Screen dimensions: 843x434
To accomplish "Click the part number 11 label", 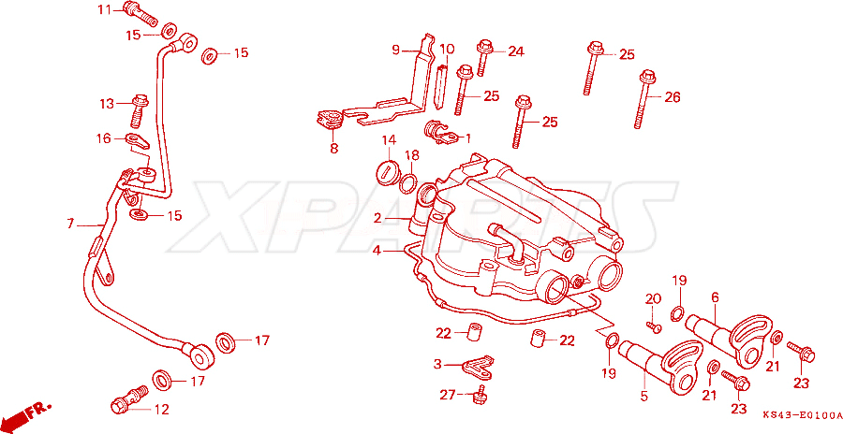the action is click(104, 9).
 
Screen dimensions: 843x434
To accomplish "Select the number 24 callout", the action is click(515, 51).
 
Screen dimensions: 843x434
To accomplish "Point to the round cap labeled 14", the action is click(387, 171).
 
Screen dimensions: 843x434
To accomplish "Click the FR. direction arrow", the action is click(26, 414).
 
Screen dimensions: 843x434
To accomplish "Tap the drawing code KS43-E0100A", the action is click(801, 415).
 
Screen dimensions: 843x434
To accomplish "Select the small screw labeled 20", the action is click(654, 325).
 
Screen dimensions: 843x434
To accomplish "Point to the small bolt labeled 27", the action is click(479, 395).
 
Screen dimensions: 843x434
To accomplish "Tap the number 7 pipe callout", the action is click(70, 224).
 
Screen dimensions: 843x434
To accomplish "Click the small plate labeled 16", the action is click(137, 142).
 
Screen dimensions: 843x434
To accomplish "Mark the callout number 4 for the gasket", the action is click(377, 251).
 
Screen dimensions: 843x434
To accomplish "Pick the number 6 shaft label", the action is click(715, 297).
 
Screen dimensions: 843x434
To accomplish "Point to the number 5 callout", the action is click(644, 397).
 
